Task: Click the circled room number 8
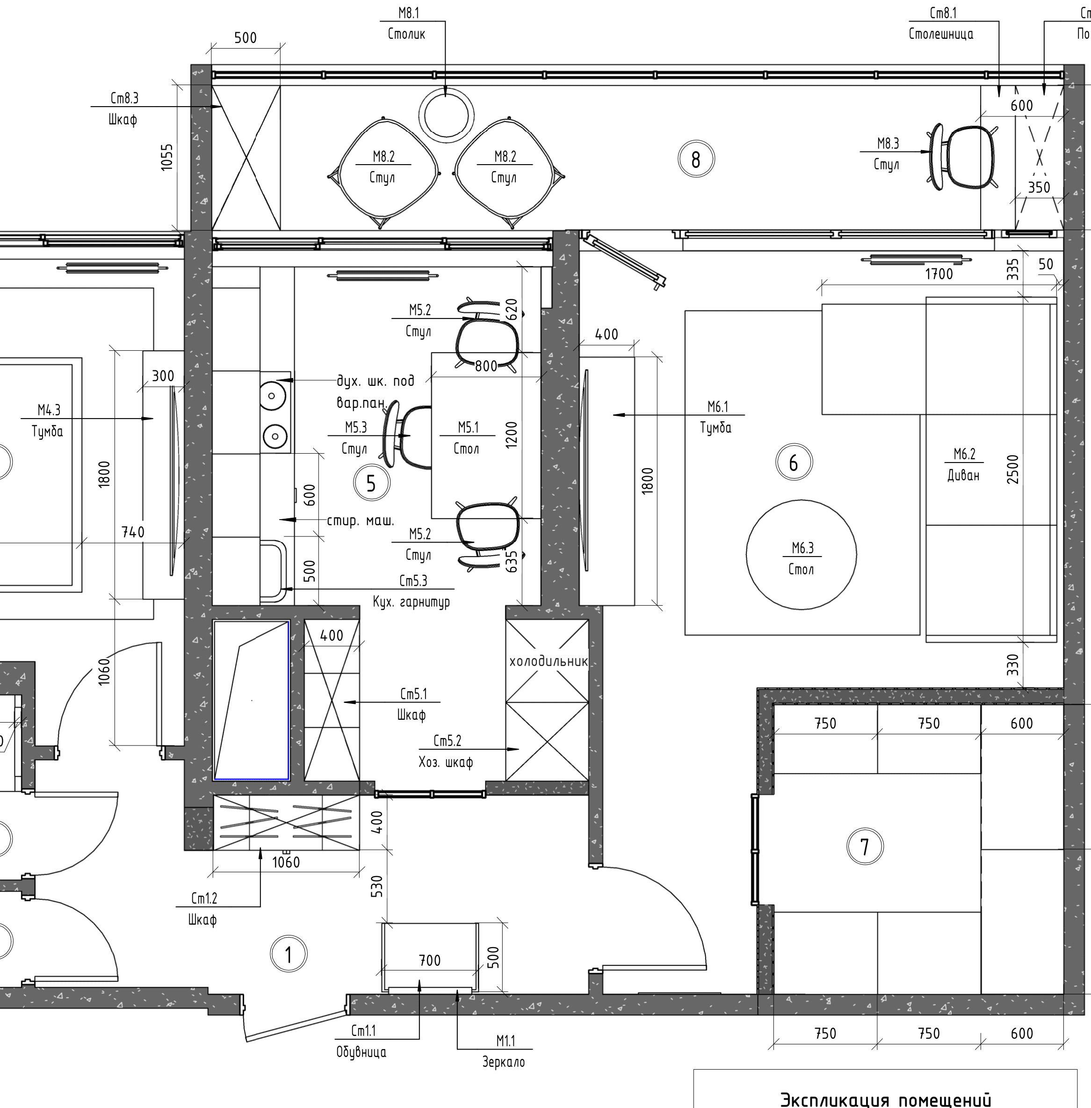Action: tap(696, 159)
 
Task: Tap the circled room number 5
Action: tap(371, 483)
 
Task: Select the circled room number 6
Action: tap(794, 463)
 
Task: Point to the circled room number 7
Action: tap(865, 846)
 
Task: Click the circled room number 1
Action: tap(288, 955)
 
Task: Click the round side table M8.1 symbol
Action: tap(447, 115)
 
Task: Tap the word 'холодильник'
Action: tap(549, 661)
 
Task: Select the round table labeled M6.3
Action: tap(801, 554)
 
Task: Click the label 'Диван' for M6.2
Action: tap(963, 475)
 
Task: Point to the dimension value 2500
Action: tap(1013, 469)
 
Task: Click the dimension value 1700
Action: tap(939, 274)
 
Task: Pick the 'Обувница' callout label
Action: tap(361, 1052)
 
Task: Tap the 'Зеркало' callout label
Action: tap(504, 1062)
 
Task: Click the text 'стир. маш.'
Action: tap(361, 521)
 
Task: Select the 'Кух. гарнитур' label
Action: tap(412, 602)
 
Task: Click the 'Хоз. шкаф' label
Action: tap(446, 762)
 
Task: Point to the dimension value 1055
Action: tap(167, 157)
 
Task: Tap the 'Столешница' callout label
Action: tap(941, 34)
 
